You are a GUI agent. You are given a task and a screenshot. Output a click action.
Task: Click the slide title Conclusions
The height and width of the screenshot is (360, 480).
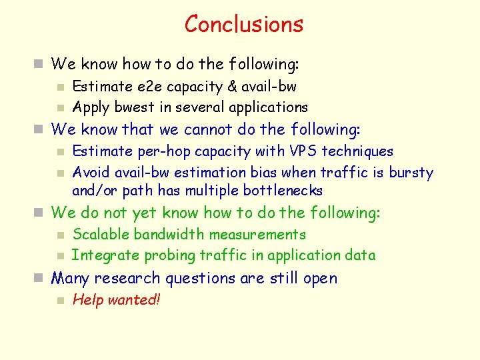[243, 24]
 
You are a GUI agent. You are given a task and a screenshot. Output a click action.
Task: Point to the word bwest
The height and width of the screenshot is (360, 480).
[127, 107]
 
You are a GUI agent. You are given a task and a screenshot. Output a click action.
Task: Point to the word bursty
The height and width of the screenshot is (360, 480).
[411, 173]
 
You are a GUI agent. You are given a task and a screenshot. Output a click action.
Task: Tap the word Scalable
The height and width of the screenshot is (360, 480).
[101, 235]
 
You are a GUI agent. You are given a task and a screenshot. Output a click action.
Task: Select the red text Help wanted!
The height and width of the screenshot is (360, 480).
[117, 300]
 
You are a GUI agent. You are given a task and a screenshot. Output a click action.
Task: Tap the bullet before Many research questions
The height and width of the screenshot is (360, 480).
[40, 279]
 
